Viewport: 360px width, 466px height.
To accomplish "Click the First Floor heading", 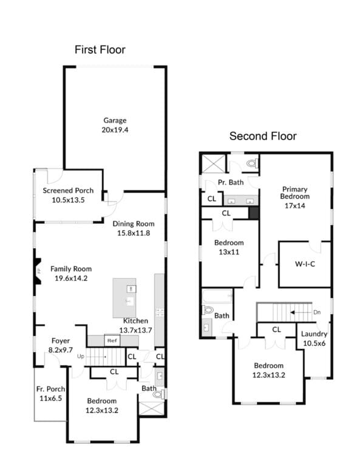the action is click(100, 50).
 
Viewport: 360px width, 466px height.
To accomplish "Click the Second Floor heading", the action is click(263, 136).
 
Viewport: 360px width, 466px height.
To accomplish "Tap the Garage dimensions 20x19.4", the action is click(115, 130).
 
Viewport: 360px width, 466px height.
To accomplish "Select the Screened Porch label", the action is click(68, 191).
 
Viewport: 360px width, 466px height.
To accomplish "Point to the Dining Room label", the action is click(134, 224).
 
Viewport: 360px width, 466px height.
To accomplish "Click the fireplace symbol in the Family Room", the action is click(38, 271).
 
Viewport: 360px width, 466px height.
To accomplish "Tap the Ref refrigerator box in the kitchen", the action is click(112, 340).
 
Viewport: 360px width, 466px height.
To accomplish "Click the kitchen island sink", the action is click(130, 302).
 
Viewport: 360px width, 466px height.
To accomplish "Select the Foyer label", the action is click(61, 340).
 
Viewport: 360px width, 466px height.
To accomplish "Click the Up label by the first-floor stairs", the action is click(81, 356).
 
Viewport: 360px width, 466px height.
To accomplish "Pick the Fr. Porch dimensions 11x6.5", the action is click(51, 398).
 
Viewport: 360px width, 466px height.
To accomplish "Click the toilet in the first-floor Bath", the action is click(159, 394).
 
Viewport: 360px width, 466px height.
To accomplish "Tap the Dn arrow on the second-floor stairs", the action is click(301, 312).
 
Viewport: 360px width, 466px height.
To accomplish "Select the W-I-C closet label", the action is click(305, 263).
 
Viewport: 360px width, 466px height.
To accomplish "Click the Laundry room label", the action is click(314, 334).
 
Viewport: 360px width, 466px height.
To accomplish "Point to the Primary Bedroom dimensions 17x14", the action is click(295, 206).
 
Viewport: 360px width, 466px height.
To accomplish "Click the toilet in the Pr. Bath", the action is click(253, 163).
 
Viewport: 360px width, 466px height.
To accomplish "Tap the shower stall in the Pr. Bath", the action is click(213, 163).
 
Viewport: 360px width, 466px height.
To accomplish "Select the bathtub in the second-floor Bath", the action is click(217, 296).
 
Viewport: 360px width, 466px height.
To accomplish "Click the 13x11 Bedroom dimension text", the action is click(229, 252).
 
